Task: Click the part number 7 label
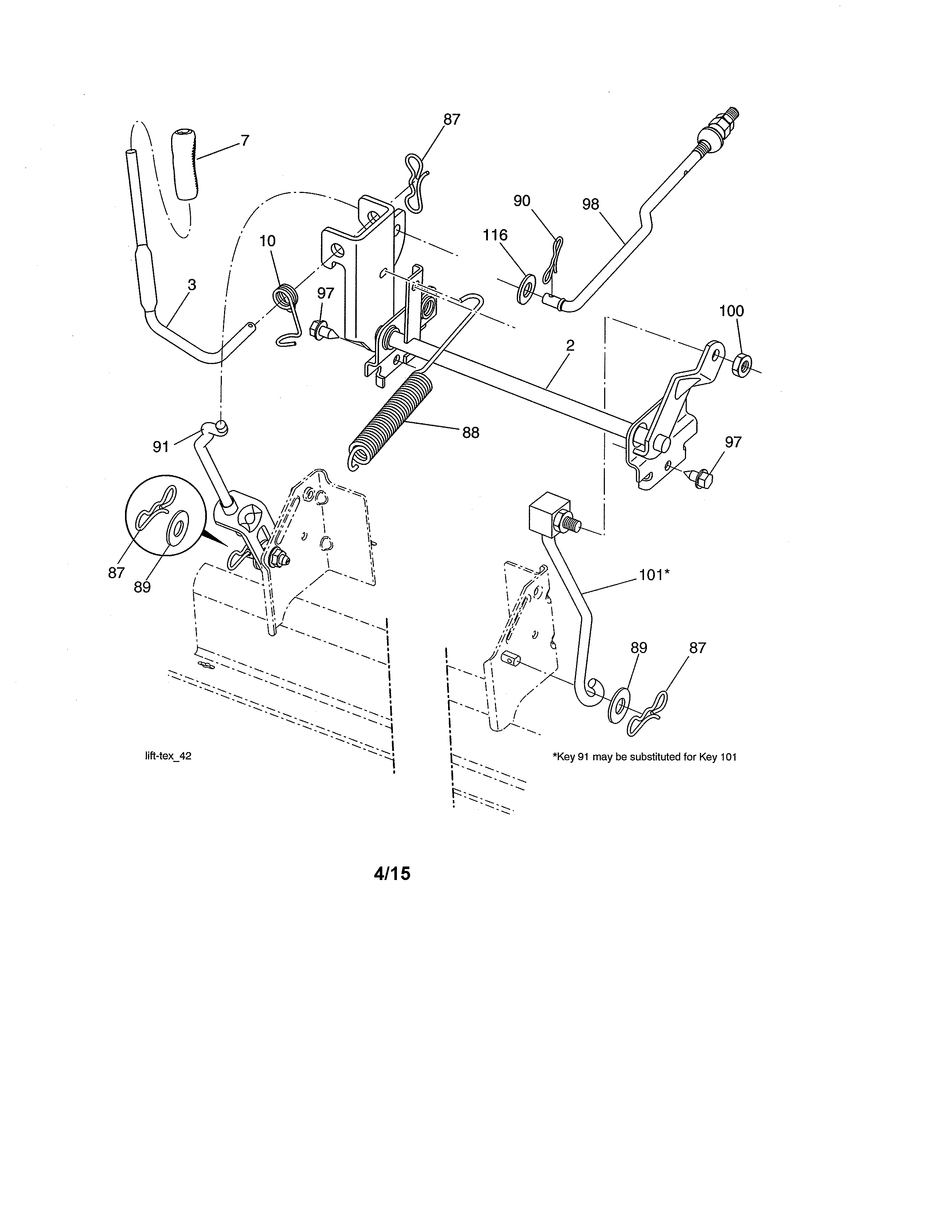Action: (245, 141)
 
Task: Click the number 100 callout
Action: (732, 311)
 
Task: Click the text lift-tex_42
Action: (168, 756)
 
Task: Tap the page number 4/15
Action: (392, 873)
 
